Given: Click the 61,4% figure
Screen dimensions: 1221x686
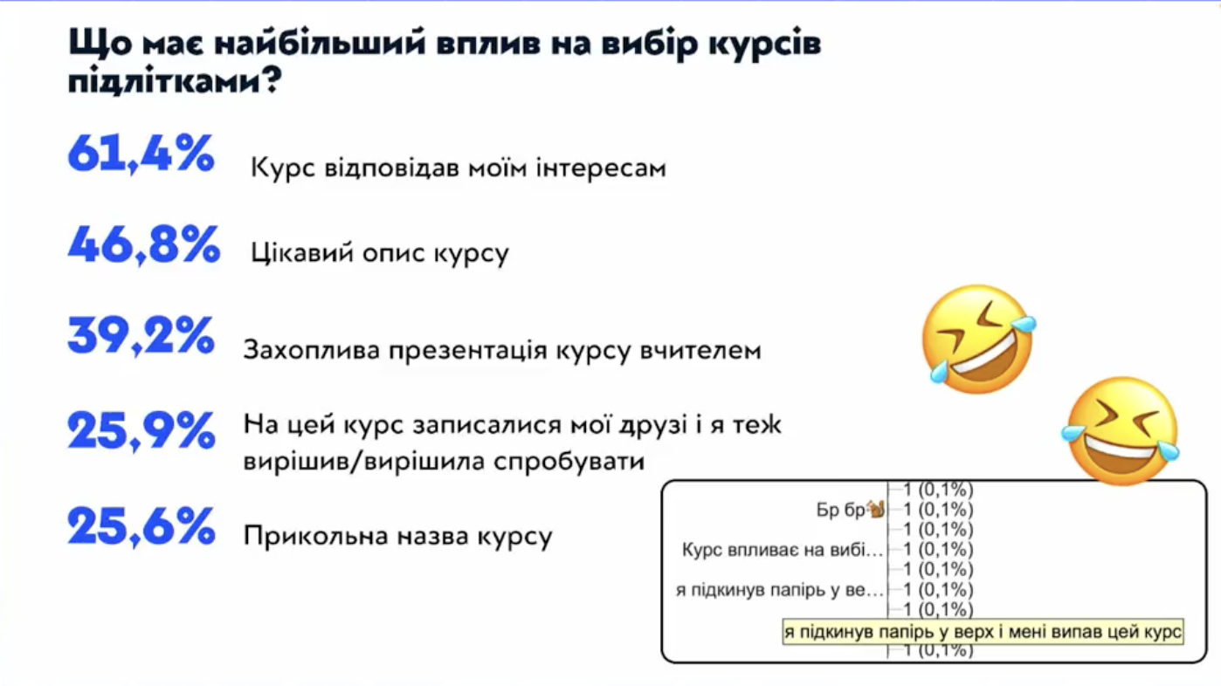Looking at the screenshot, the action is pos(141,154).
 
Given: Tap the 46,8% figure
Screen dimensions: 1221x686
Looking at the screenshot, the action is pos(144,245).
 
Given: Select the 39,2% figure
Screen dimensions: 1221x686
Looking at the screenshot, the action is pos(141,336).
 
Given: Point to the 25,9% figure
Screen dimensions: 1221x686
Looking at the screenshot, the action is pos(141,431).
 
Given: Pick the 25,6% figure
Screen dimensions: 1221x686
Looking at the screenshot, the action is pos(141,526).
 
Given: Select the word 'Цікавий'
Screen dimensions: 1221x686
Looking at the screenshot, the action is pos(302,253).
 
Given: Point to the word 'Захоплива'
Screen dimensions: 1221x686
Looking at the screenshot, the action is pos(311,350).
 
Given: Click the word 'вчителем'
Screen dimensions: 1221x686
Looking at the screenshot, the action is pos(700,350).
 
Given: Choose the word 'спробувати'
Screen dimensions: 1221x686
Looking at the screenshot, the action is pos(569,462).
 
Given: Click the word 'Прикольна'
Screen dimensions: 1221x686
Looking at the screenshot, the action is pos(315,536).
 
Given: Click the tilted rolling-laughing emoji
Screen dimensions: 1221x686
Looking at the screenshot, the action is pos(979,339).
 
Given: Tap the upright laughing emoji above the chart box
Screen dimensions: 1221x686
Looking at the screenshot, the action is pos(1121,430).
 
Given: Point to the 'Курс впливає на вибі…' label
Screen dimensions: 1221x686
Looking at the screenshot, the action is pos(783,551).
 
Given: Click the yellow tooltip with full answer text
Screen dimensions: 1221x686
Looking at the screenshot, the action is pos(983,632).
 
